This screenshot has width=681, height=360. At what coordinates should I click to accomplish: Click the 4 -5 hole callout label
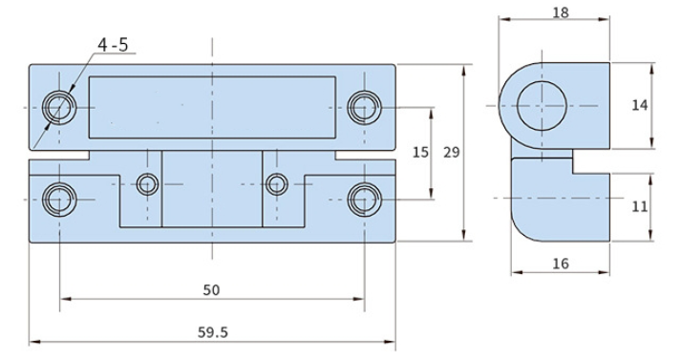click(113, 45)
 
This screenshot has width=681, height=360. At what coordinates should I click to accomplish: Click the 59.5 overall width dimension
click(212, 332)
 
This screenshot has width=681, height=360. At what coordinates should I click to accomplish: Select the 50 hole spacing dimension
click(211, 290)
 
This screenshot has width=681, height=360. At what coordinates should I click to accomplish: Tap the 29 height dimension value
click(451, 153)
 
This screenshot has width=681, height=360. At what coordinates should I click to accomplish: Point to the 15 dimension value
click(420, 153)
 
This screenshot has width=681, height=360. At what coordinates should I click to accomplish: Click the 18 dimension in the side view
click(561, 12)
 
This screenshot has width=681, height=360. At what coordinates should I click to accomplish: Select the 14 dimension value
click(639, 105)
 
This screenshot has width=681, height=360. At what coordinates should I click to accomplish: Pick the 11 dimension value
click(639, 206)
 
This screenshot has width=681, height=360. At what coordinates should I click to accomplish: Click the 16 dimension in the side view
click(561, 264)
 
